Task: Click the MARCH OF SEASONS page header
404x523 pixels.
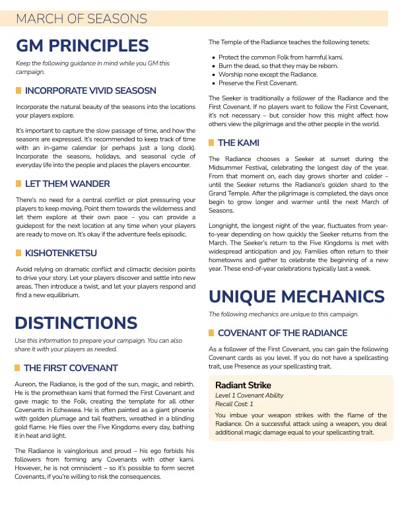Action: (x=81, y=18)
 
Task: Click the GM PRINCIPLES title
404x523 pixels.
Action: (x=83, y=46)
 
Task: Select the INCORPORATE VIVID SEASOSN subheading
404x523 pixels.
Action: (x=90, y=90)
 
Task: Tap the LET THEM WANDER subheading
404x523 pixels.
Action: (x=67, y=183)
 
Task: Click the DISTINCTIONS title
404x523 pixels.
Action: (x=76, y=323)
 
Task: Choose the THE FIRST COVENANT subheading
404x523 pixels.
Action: (x=71, y=367)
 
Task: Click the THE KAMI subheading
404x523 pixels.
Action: (x=238, y=143)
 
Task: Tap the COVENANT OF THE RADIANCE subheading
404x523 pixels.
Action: (x=283, y=333)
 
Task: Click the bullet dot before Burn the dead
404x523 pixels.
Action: (x=213, y=66)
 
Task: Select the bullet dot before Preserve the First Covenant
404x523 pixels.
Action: (x=213, y=83)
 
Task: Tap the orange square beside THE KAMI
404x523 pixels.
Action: (x=211, y=143)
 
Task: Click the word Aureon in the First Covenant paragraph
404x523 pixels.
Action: (x=26, y=383)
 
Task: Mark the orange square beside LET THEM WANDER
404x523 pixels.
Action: (x=18, y=183)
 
